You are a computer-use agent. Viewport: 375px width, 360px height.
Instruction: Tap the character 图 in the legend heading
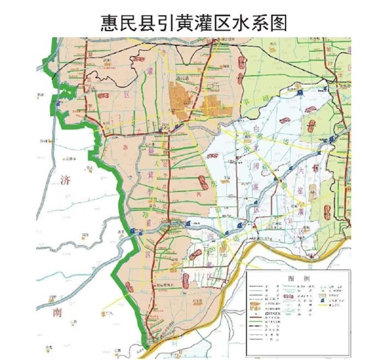[x=292, y=278]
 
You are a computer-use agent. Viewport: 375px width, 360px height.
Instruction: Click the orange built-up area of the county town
[x=181, y=98]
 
